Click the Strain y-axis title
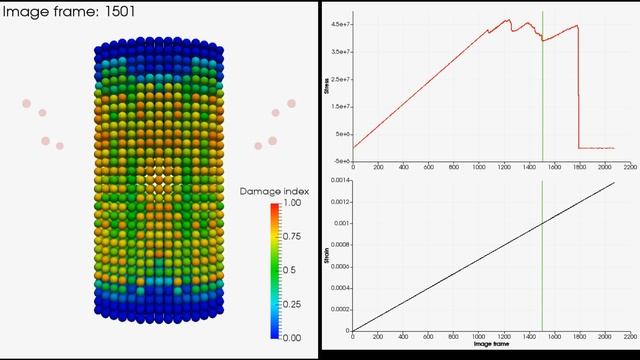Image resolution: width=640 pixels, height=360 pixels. [327, 256]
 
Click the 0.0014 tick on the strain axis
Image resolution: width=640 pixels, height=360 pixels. [338, 180]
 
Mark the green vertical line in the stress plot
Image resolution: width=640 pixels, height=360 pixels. [542, 100]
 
